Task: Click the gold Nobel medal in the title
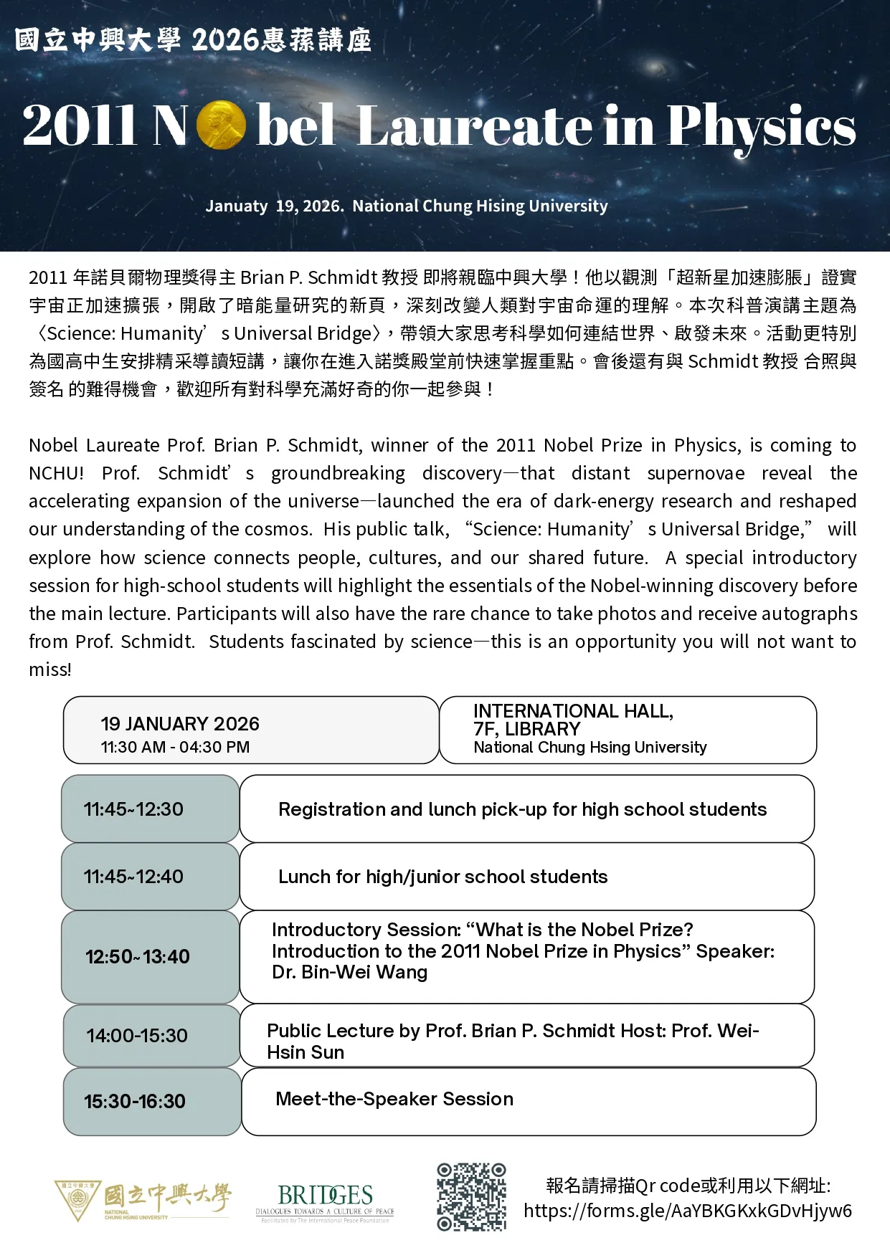(x=220, y=125)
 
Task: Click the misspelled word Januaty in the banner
(x=237, y=206)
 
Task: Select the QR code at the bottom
(x=471, y=1196)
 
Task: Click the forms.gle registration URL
(x=687, y=1211)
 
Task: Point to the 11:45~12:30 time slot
(x=133, y=809)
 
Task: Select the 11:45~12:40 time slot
(x=133, y=877)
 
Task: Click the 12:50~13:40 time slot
(x=138, y=957)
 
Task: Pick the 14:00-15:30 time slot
(x=137, y=1036)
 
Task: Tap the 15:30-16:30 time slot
(x=135, y=1102)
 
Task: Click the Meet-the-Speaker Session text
(x=394, y=1099)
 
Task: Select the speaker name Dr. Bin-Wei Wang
(x=350, y=973)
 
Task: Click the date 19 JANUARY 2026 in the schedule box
(x=180, y=724)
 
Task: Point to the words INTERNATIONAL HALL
(x=573, y=711)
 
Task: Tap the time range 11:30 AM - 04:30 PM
(x=175, y=747)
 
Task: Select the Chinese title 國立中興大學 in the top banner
(x=98, y=39)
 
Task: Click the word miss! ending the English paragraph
(x=50, y=669)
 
